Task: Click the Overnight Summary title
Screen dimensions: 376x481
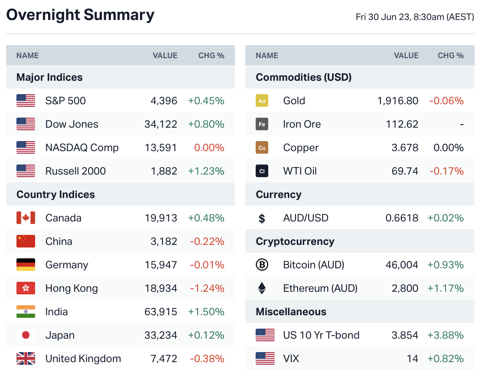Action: pyautogui.click(x=80, y=15)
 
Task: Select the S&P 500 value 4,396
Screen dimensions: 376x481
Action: pyautogui.click(x=164, y=101)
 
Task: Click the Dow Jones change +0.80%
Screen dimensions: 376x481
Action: pyautogui.click(x=206, y=124)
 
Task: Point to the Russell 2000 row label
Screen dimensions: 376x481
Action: pyautogui.click(x=75, y=171)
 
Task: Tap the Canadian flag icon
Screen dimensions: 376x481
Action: pyautogui.click(x=26, y=218)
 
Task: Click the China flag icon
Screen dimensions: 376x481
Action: pyautogui.click(x=26, y=241)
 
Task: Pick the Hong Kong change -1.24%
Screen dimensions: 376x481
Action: pyautogui.click(x=207, y=288)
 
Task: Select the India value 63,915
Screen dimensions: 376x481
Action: pyautogui.click(x=161, y=312)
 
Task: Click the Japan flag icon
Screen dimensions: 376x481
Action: pyautogui.click(x=26, y=335)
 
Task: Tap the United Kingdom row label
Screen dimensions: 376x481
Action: pyautogui.click(x=83, y=359)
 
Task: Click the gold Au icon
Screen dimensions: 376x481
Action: pyautogui.click(x=262, y=101)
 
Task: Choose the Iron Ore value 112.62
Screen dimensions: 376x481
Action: pyautogui.click(x=402, y=124)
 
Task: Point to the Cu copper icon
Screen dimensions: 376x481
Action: pyautogui.click(x=262, y=148)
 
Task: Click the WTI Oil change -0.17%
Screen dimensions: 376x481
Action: pyautogui.click(x=446, y=171)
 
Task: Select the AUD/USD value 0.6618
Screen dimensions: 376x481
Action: pyautogui.click(x=402, y=218)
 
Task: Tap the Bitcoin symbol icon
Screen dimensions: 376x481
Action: pyautogui.click(x=262, y=265)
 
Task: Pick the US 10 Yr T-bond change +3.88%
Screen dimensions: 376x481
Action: pyautogui.click(x=445, y=335)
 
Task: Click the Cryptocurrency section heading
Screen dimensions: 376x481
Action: pyautogui.click(x=295, y=241)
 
